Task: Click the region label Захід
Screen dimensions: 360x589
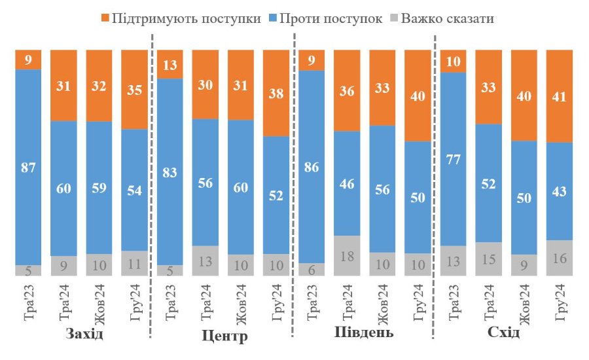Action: (85, 334)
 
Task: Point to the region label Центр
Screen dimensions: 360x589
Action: (223, 337)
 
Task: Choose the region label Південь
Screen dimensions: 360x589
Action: (364, 333)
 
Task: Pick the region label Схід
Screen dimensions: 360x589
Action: (504, 333)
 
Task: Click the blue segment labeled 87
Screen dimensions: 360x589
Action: (28, 166)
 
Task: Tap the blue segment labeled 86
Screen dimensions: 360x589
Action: (311, 166)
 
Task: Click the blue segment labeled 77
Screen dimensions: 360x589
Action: (453, 158)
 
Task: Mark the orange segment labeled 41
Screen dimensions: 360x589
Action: (560, 96)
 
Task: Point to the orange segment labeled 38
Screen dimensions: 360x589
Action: (276, 93)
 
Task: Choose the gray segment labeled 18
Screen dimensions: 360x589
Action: (347, 255)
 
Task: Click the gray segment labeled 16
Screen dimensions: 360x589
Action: (560, 258)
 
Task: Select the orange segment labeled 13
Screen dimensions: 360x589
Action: (170, 63)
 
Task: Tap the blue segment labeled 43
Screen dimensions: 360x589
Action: (560, 191)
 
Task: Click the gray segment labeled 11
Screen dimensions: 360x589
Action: (134, 263)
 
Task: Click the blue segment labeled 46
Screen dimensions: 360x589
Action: (347, 183)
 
